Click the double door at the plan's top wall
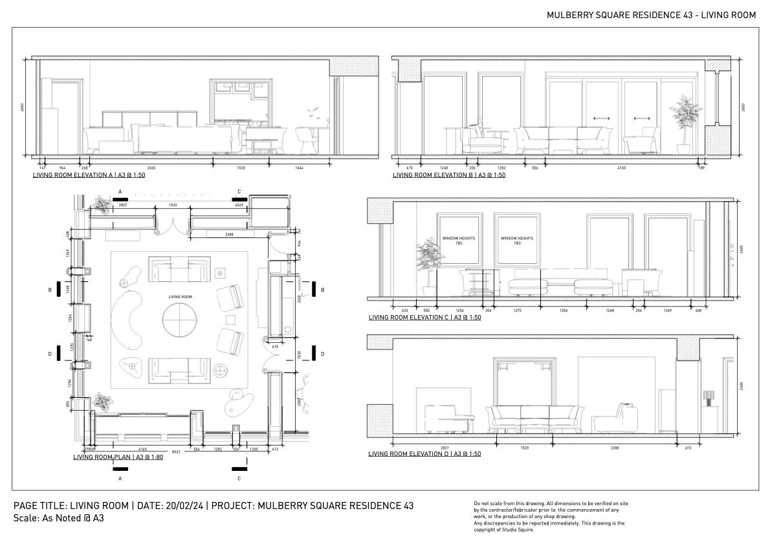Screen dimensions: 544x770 click(x=171, y=226)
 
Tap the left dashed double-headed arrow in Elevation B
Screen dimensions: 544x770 click(x=602, y=119)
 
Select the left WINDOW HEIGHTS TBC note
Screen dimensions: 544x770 click(x=458, y=241)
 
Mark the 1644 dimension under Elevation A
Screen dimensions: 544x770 click(x=298, y=168)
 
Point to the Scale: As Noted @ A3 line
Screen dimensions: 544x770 click(x=59, y=518)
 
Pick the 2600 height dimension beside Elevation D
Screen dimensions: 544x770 click(x=741, y=386)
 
